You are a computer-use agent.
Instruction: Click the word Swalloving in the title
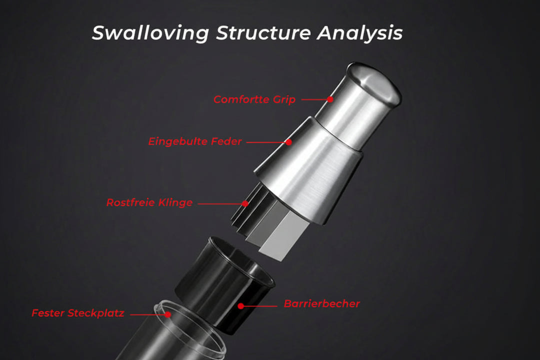click(150, 33)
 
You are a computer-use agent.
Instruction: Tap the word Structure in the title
click(264, 32)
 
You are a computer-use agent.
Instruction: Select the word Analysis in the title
click(360, 33)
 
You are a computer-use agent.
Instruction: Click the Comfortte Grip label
click(254, 99)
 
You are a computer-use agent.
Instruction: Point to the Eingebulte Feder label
click(195, 141)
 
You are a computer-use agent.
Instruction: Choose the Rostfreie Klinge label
click(149, 202)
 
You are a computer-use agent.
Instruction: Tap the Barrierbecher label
click(322, 304)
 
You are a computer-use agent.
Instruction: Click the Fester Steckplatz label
click(78, 313)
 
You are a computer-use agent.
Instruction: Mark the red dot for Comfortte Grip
click(330, 99)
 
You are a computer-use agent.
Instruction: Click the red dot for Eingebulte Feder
click(289, 142)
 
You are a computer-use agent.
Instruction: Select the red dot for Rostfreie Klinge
click(245, 203)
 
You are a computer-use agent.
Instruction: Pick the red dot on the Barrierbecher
click(240, 306)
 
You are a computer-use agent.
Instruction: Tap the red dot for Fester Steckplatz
click(167, 314)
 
